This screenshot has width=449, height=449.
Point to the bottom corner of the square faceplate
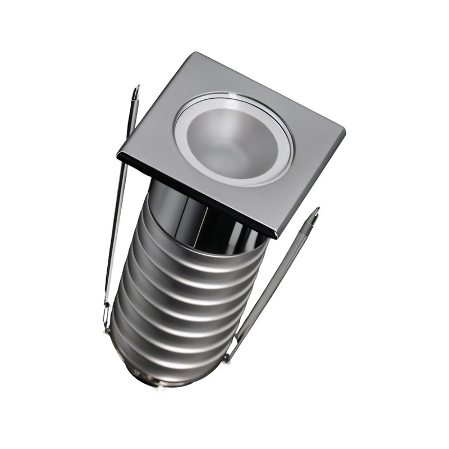(277, 236)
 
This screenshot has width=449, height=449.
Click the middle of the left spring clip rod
(120, 208)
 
